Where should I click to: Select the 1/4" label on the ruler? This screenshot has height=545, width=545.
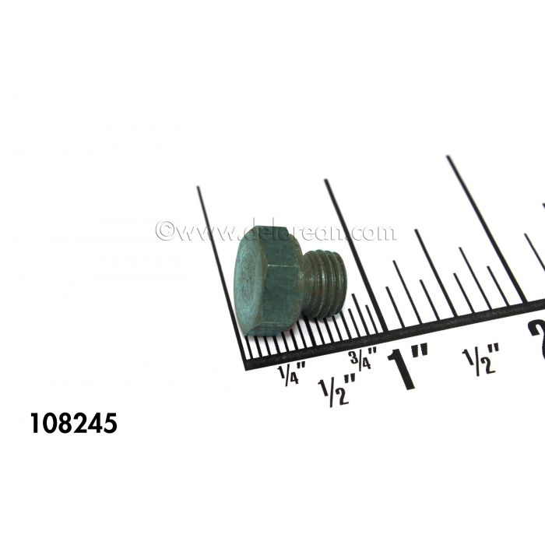tap(288, 375)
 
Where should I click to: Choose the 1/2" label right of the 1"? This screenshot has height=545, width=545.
tap(480, 360)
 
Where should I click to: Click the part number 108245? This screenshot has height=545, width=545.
tap(73, 424)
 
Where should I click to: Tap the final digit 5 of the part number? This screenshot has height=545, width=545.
tap(109, 424)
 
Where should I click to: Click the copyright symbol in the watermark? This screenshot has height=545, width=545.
tap(163, 231)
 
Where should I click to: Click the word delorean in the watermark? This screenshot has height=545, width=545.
tap(290, 231)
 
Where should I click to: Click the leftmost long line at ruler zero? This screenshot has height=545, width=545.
tap(221, 272)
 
